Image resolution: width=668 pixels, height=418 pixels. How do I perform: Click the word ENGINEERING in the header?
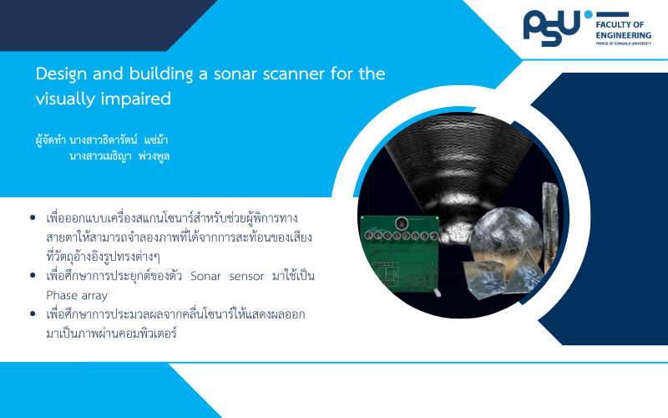coord(623,35)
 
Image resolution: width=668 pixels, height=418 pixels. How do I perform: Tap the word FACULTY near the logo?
coord(613,24)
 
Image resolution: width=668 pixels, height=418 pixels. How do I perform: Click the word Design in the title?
coord(61,74)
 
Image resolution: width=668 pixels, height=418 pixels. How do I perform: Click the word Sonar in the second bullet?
coord(205,276)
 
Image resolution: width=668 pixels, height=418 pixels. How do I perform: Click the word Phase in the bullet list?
coord(59,295)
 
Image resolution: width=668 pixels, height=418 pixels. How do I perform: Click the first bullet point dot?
coord(33,218)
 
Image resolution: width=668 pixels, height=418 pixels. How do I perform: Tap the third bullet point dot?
coord(33,314)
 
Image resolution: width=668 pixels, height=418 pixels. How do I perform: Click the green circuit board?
coord(401,254)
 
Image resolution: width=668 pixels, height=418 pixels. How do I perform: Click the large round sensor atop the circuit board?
coord(402,223)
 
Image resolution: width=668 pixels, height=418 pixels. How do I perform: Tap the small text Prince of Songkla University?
coord(623,43)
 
